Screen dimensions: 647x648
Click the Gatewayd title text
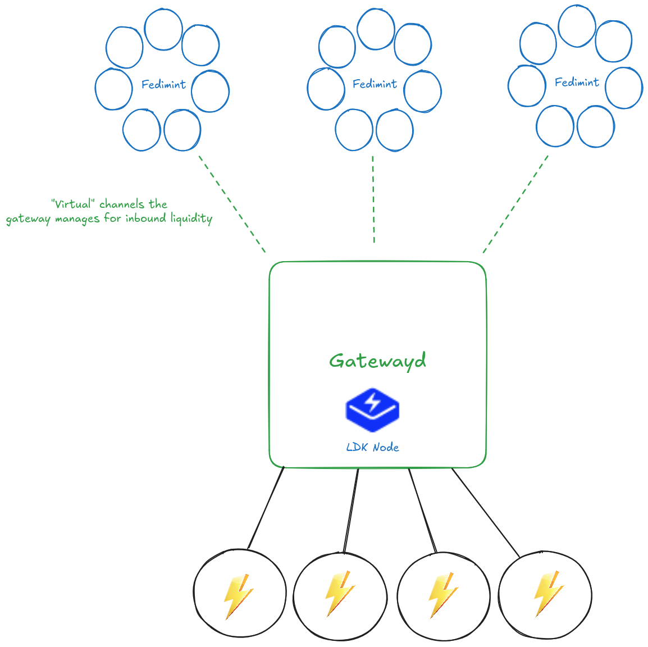pos(377,361)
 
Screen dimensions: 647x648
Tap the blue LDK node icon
pos(372,409)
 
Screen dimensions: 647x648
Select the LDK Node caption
pos(373,448)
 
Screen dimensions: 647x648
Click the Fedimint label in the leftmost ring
pos(163,85)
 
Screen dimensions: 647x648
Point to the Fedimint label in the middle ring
pos(375,84)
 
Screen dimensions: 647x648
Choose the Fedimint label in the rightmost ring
pos(577,83)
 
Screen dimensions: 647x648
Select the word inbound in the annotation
pos(146,218)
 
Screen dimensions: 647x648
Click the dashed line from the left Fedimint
pos(231,203)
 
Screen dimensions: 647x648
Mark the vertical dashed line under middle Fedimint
pos(373,199)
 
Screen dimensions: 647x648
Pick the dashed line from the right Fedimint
pos(515,203)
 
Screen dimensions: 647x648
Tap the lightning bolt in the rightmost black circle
pos(547,594)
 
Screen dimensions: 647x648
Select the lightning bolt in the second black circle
pos(339,594)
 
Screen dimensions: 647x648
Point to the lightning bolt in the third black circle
pos(442,595)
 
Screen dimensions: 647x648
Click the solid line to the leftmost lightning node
pos(266,508)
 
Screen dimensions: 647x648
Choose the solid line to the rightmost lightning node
pos(485,512)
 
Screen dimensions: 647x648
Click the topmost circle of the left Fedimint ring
pos(163,29)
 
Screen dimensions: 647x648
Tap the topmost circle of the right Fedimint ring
pos(577,26)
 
